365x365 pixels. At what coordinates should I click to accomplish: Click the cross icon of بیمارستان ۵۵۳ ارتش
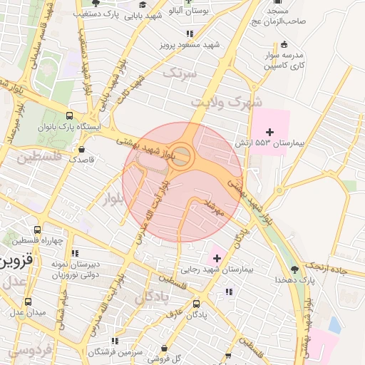[x=269, y=132]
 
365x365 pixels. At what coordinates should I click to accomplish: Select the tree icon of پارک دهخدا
[x=294, y=269]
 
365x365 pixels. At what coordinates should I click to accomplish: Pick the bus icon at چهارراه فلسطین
[x=37, y=230]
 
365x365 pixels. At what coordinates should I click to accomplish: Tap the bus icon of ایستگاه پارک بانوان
[x=69, y=115]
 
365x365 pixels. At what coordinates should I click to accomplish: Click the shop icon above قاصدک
[x=82, y=150]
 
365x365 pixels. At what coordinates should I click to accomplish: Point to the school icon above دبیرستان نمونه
[x=74, y=252]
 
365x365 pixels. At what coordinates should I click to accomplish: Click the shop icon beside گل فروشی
[x=165, y=348]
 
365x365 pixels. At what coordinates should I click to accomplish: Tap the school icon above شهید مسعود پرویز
[x=189, y=34]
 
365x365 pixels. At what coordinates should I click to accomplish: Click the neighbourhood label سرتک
[x=178, y=73]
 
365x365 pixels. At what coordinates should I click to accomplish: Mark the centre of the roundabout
[x=181, y=155]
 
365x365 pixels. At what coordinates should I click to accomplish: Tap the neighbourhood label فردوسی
[x=30, y=350]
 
